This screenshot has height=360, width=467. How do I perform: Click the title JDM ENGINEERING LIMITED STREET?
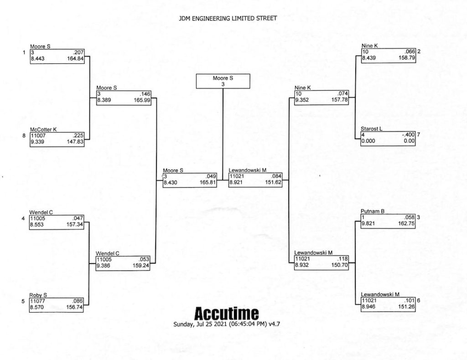click(x=228, y=18)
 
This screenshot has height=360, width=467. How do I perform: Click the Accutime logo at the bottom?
click(x=226, y=314)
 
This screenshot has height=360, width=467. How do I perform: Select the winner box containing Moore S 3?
click(x=223, y=81)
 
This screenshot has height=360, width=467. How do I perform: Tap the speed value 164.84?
click(x=75, y=59)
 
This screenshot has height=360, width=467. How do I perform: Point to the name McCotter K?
click(x=43, y=130)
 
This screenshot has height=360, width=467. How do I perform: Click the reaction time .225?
click(x=78, y=136)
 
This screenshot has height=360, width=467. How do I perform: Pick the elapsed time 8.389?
click(x=104, y=100)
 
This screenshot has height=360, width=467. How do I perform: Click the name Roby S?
click(x=38, y=295)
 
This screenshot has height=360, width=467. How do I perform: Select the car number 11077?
click(x=37, y=301)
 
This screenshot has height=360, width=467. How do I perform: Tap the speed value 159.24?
click(x=141, y=266)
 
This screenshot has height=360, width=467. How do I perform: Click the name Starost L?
click(x=371, y=129)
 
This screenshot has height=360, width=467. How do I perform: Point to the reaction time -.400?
click(x=408, y=135)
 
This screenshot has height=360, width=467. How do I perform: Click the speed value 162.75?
click(x=406, y=223)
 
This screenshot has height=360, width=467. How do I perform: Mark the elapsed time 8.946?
click(x=368, y=307)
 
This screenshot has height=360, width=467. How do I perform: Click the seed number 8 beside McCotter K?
click(x=24, y=136)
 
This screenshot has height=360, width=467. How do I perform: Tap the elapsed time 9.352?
click(x=302, y=100)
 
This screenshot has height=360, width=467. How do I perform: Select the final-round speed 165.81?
click(x=208, y=182)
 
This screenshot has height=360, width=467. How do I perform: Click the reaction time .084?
click(x=276, y=176)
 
